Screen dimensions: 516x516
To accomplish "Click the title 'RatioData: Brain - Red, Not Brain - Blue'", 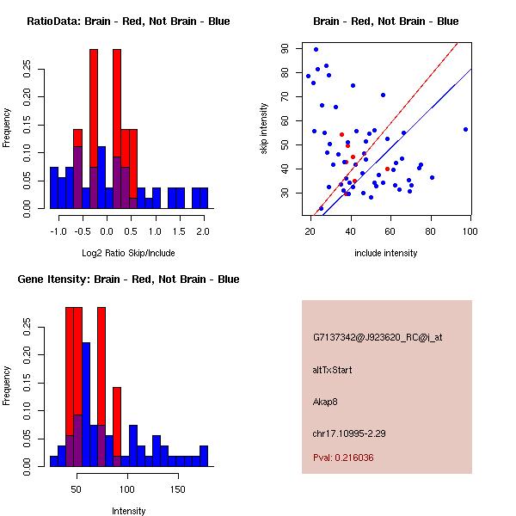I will (x=128, y=21).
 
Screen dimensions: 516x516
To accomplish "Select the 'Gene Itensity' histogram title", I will (x=128, y=279).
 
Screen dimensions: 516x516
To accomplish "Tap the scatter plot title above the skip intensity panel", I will (x=385, y=21).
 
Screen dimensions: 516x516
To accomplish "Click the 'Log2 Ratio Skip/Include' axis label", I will (x=128, y=253).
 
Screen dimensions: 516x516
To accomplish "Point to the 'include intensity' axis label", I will (x=385, y=253).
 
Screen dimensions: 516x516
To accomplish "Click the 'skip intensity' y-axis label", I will (x=265, y=129).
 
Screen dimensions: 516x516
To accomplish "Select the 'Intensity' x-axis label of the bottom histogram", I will (x=128, y=511).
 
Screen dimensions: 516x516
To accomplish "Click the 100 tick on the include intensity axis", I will (x=470, y=232).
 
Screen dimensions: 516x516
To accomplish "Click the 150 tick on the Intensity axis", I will (x=177, y=490).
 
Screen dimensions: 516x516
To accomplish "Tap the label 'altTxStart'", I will (x=332, y=370).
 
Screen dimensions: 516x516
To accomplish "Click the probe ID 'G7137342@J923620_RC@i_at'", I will (x=378, y=338).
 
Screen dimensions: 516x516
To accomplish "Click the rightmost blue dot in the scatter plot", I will (x=465, y=129).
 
